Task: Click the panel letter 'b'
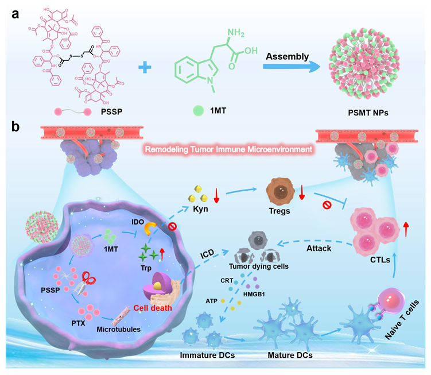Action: [x=17, y=125]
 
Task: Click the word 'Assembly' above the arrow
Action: [x=287, y=56]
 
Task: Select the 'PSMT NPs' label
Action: [x=367, y=113]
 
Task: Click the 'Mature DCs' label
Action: [x=290, y=355]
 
